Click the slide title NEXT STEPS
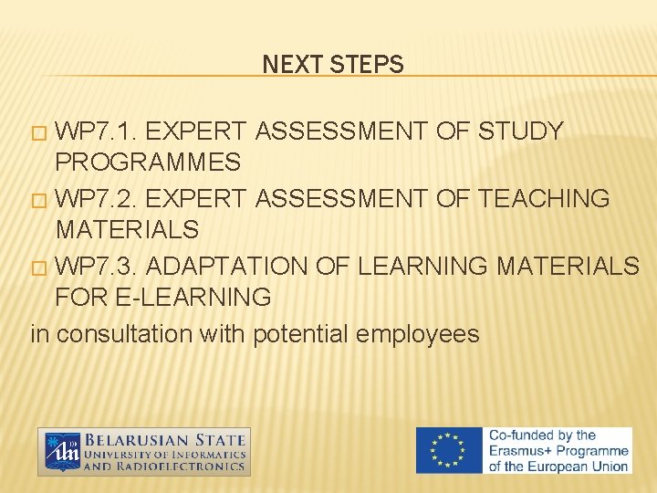(x=332, y=65)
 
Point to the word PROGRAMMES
(x=148, y=163)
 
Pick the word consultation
(x=124, y=334)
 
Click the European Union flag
(x=449, y=451)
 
